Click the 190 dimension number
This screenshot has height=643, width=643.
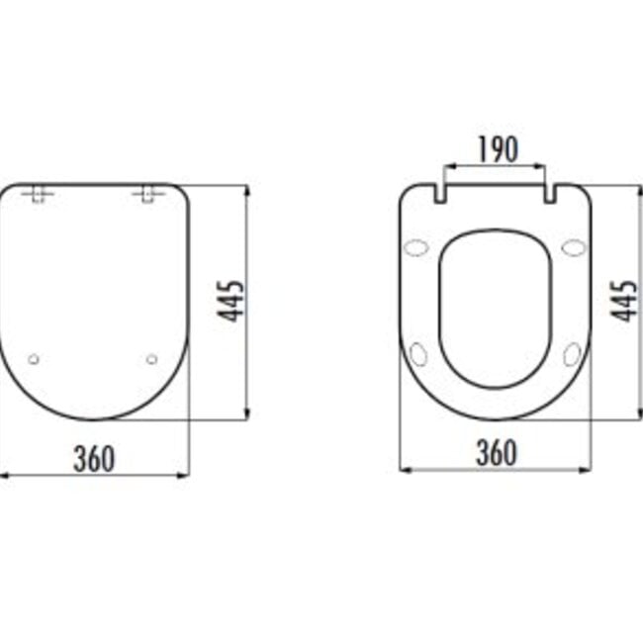point(498,149)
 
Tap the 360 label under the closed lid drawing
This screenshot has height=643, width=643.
point(94,458)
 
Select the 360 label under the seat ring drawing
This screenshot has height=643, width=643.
point(497,453)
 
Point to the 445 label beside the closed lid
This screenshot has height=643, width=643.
point(231,301)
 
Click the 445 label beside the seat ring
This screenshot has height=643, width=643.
point(623,301)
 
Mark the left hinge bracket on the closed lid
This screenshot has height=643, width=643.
point(39,193)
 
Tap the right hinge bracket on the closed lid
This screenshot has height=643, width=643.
point(147,193)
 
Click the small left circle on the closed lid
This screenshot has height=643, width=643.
point(34,359)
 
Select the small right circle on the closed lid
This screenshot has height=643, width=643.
point(151,359)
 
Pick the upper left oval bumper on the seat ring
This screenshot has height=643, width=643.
point(417,247)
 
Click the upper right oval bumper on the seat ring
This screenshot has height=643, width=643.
point(574,247)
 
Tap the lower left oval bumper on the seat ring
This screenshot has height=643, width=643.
point(418,354)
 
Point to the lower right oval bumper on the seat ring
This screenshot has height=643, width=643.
point(573,354)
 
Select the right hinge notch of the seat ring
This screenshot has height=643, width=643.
point(549,193)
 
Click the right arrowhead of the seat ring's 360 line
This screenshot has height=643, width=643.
point(587,469)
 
